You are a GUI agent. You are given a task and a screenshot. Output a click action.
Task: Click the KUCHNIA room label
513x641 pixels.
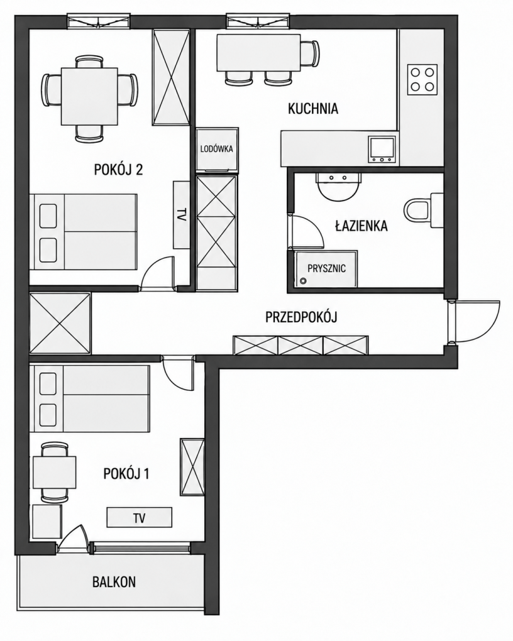(313, 109)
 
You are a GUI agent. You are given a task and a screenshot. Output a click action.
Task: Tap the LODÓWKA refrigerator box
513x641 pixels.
(217, 149)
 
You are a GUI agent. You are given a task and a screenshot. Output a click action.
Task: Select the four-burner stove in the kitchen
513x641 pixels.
(422, 80)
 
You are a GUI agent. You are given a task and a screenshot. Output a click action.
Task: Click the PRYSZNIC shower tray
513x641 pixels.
(326, 268)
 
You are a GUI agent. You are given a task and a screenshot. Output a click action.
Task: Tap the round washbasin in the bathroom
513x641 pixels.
(339, 187)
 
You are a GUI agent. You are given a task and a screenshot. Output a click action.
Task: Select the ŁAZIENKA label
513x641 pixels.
(361, 226)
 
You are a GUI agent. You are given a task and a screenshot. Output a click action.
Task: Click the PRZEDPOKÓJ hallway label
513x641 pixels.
(302, 317)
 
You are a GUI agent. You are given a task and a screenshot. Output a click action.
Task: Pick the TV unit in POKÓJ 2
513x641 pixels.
(181, 215)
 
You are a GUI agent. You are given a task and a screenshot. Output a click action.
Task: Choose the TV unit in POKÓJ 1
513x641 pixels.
(140, 518)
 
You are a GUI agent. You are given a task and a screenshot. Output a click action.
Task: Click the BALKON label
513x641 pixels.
(114, 582)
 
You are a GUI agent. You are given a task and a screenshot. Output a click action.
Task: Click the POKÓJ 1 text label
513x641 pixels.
(126, 474)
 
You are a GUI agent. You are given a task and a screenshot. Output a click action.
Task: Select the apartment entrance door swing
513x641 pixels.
(475, 322)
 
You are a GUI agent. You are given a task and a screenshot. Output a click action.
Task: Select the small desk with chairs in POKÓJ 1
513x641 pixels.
(55, 473)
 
